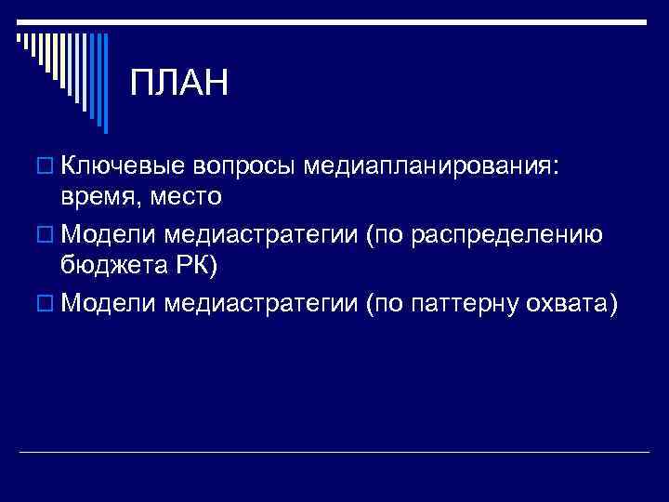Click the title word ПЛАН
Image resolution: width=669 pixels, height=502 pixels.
click(178, 84)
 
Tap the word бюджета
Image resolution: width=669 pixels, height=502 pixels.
click(117, 265)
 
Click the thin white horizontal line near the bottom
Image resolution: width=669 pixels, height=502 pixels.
click(334, 452)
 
